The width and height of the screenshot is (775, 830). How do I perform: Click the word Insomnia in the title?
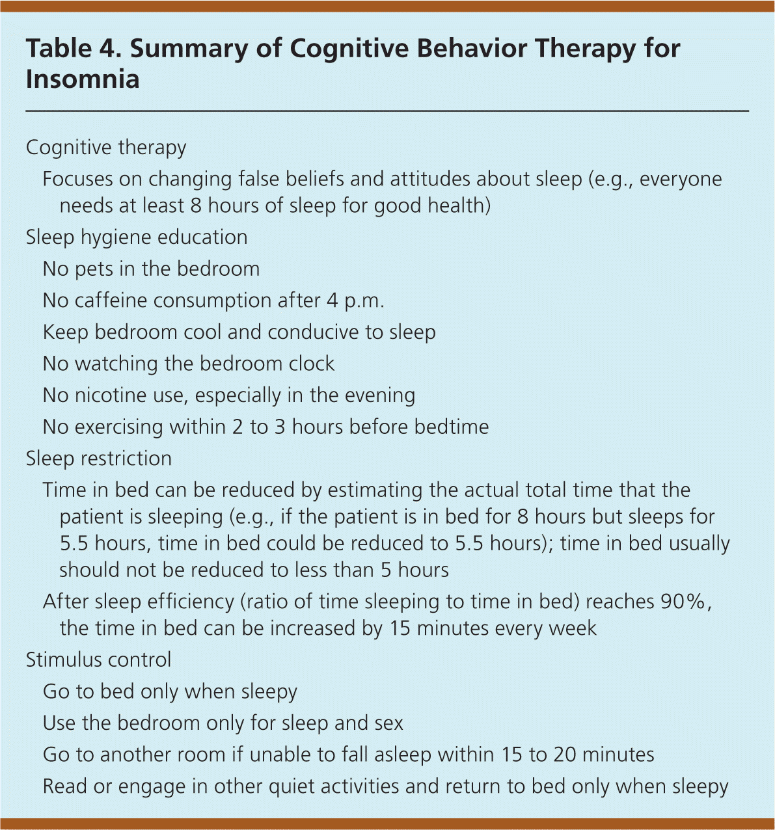83,79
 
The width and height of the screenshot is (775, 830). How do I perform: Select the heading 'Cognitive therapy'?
106,148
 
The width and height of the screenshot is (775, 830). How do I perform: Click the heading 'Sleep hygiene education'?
137,237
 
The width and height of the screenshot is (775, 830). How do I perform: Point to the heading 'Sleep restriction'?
99,459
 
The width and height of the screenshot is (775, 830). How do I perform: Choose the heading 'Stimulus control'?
98,660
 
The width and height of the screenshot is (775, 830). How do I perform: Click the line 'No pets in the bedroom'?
151,269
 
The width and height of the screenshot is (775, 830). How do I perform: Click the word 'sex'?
388,723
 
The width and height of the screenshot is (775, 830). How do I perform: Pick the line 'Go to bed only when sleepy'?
170,691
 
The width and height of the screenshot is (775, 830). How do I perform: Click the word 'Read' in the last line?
64,787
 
